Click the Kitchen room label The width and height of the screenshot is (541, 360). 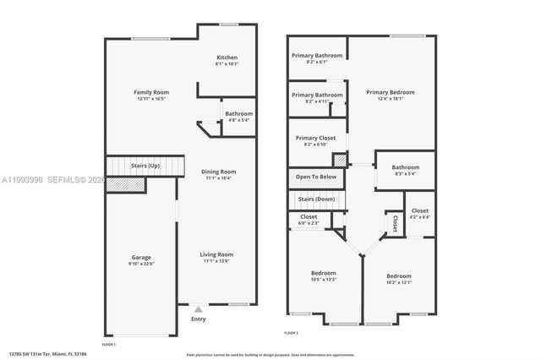coord(227,57)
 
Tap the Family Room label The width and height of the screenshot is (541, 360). coord(152,92)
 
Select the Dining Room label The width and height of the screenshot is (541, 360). coord(218,172)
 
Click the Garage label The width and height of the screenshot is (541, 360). coord(140,257)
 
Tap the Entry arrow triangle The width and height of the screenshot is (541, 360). coord(199,309)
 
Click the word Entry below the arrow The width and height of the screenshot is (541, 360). coord(199,319)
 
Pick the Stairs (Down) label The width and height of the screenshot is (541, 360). coord(317,199)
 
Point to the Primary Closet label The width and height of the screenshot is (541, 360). coord(315,138)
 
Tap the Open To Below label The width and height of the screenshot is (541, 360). coord(316,177)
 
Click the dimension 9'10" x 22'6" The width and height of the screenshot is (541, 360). coord(140,264)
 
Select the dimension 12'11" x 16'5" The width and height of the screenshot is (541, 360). coord(152,99)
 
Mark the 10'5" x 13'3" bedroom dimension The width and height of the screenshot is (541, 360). coord(324,280)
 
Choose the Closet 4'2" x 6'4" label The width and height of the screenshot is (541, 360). coord(420,210)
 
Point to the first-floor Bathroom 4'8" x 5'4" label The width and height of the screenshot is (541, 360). coord(238,113)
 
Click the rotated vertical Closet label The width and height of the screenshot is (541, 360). coord(395,222)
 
